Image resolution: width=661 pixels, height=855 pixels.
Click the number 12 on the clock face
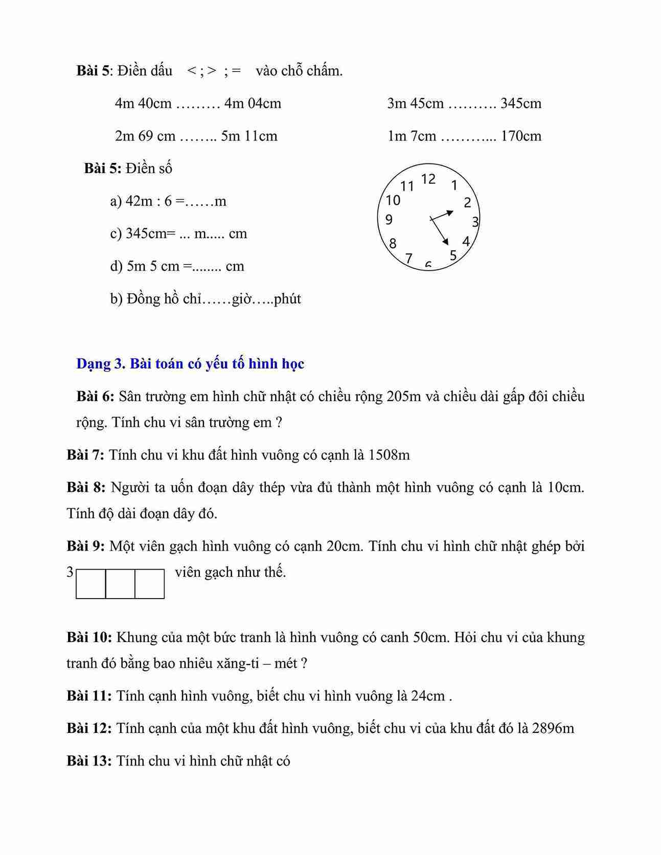pyautogui.click(x=428, y=179)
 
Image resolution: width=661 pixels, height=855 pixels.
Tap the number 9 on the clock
pyautogui.click(x=389, y=220)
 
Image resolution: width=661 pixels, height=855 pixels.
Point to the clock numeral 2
pyautogui.click(x=467, y=203)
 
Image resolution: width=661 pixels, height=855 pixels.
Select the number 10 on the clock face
pyautogui.click(x=393, y=200)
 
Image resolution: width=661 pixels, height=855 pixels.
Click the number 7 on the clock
pyautogui.click(x=408, y=258)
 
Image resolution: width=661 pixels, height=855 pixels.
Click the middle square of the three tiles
pyautogui.click(x=120, y=584)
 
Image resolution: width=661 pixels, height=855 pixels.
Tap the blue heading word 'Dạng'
pyautogui.click(x=94, y=364)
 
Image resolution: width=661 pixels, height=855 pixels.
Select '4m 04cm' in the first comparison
pyautogui.click(x=253, y=103)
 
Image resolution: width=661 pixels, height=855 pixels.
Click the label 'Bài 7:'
pyautogui.click(x=85, y=455)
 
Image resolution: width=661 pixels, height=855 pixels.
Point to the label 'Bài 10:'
pyautogui.click(x=89, y=637)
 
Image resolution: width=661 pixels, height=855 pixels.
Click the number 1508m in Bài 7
pyautogui.click(x=389, y=455)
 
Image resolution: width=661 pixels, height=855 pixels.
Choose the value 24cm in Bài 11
pyautogui.click(x=427, y=696)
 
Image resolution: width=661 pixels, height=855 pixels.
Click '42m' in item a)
pyautogui.click(x=139, y=201)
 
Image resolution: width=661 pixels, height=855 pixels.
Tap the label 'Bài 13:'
pyautogui.click(x=89, y=761)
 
